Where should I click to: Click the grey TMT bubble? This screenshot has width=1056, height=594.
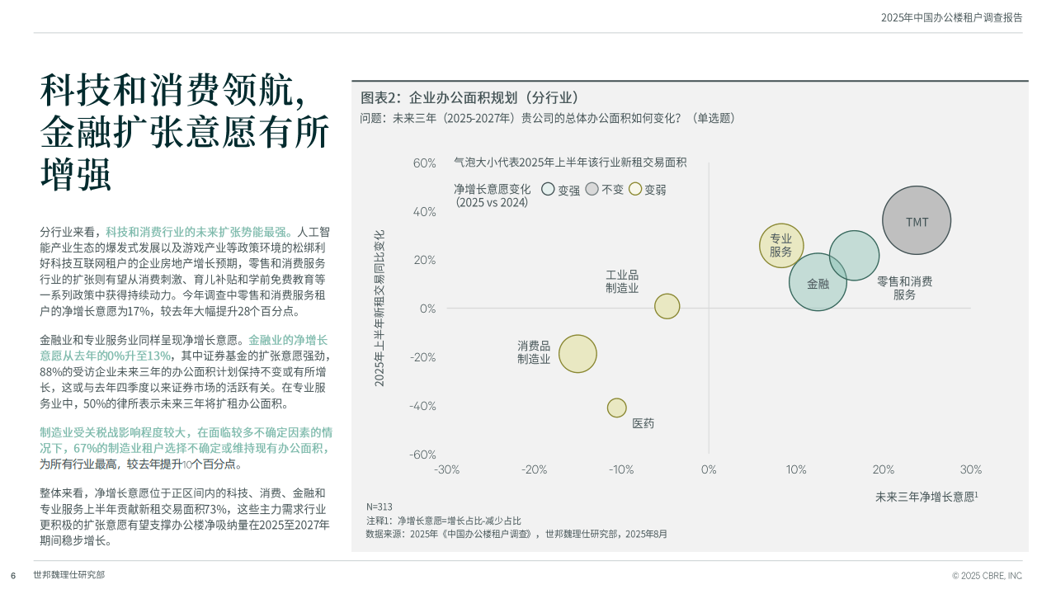click(x=917, y=220)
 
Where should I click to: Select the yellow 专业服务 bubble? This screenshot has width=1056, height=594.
click(x=781, y=246)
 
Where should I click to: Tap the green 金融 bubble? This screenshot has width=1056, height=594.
click(x=818, y=282)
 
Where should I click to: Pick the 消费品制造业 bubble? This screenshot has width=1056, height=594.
click(x=577, y=354)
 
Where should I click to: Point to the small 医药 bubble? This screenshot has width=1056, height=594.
click(x=616, y=408)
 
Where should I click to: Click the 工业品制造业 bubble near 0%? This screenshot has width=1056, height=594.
click(x=667, y=306)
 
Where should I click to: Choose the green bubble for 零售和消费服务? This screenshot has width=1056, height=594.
click(x=854, y=256)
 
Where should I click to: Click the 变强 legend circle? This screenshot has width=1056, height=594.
click(x=548, y=189)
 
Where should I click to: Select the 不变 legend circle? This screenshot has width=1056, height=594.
click(x=592, y=189)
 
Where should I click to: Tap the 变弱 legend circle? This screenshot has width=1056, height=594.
click(x=635, y=189)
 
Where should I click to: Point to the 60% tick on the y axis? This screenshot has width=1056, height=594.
click(x=424, y=163)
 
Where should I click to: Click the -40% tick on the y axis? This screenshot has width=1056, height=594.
click(x=422, y=406)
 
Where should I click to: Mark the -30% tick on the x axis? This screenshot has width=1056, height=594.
click(x=446, y=469)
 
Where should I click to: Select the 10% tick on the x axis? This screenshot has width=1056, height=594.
click(x=796, y=469)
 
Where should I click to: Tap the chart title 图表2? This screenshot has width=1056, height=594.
click(x=381, y=97)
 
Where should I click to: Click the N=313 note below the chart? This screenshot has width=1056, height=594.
click(x=379, y=507)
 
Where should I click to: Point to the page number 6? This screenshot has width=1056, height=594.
click(x=13, y=576)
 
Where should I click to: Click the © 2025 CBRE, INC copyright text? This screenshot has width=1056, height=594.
click(x=987, y=576)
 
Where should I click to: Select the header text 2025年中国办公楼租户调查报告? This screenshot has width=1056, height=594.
click(x=952, y=17)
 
